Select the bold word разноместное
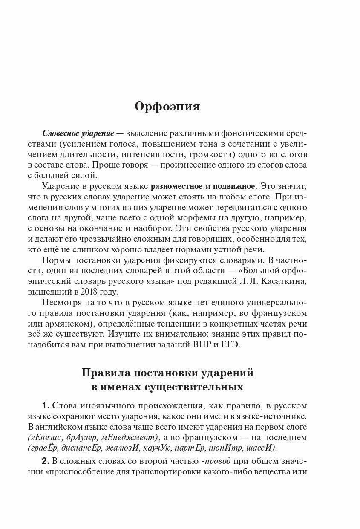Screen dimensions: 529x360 (x=176, y=186)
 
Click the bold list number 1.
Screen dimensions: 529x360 (x=47, y=405)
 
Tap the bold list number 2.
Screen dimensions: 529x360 (x=47, y=462)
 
